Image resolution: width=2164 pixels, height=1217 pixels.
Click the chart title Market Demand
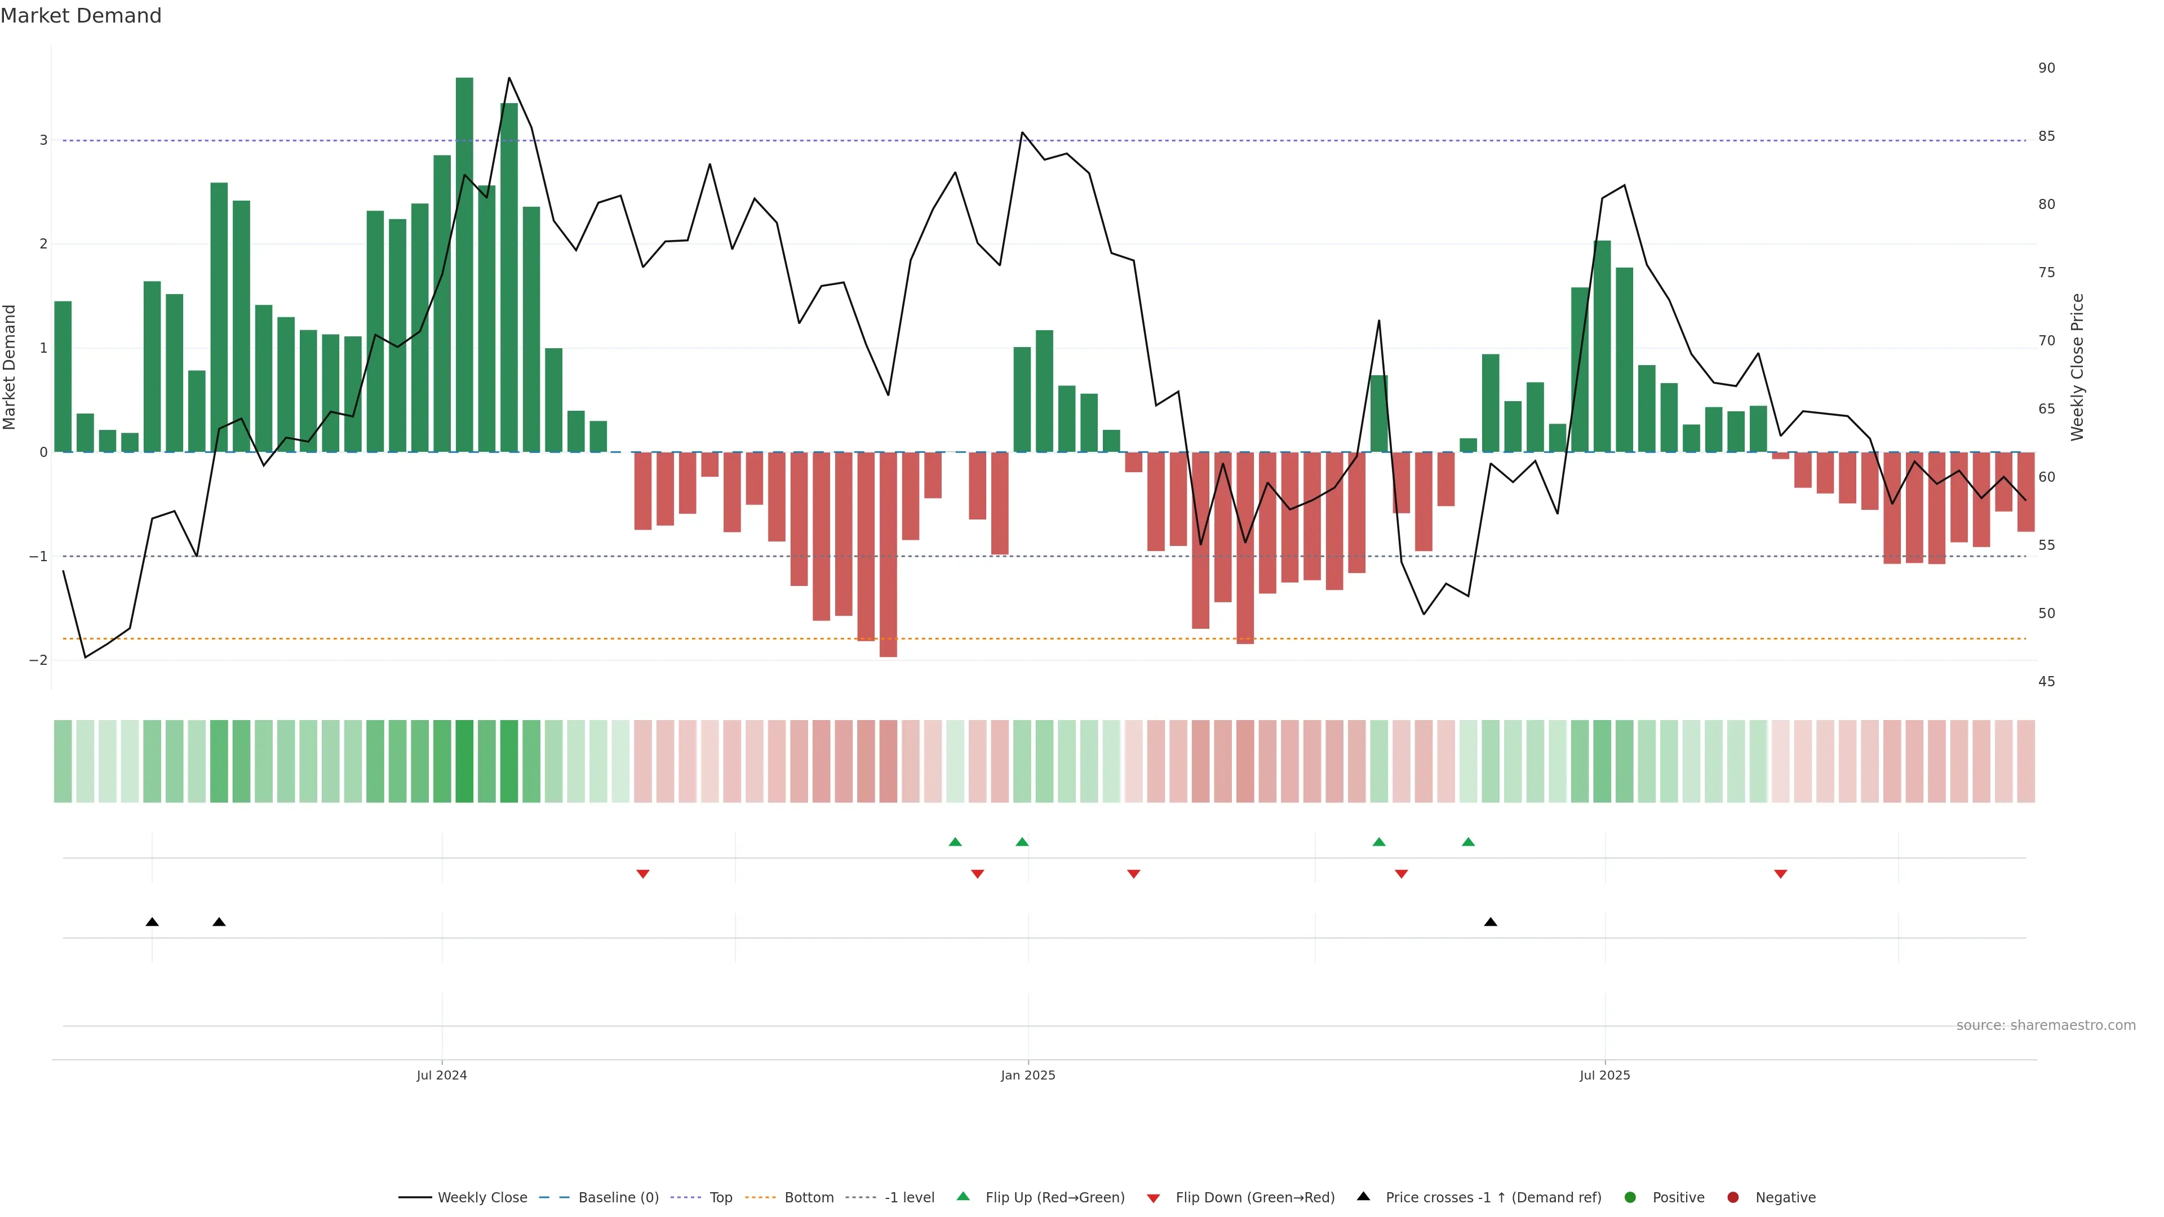tap(81, 16)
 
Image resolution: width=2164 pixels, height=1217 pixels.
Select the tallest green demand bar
tap(464, 265)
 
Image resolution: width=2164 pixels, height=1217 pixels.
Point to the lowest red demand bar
tap(888, 554)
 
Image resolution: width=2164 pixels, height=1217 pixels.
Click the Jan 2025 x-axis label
tap(1027, 1075)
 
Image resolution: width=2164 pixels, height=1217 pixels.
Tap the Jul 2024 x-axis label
tap(441, 1075)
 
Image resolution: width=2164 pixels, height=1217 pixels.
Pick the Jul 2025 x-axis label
tap(1604, 1075)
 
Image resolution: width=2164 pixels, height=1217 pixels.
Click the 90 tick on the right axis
tap(2046, 68)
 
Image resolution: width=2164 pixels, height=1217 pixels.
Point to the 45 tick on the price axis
tap(2046, 682)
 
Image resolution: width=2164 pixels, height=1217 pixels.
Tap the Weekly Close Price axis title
tap(2077, 367)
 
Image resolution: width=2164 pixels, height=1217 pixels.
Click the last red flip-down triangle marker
tap(1780, 874)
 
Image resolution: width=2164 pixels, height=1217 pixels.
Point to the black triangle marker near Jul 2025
tap(1490, 922)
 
